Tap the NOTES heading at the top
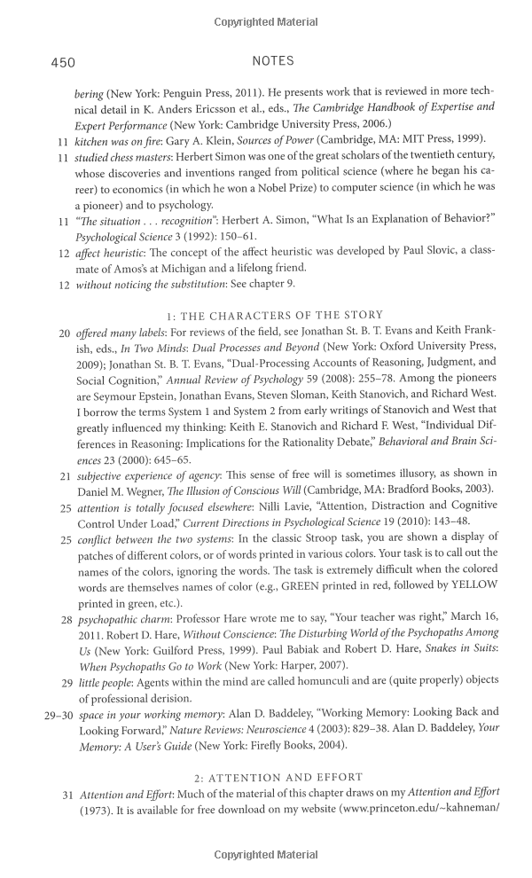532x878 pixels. point(273,61)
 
